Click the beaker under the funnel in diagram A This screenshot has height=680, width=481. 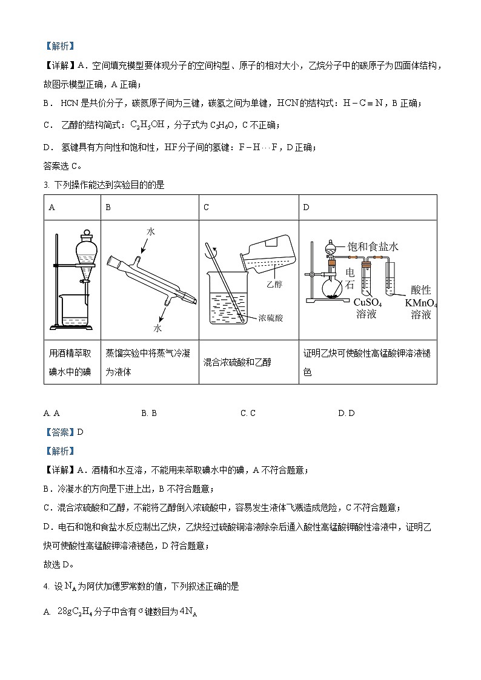74,311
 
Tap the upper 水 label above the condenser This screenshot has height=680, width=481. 151,231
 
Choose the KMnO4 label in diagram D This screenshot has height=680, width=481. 420,302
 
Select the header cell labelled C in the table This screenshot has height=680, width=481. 249,207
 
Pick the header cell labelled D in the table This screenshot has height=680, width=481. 368,207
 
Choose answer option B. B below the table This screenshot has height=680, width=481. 149,413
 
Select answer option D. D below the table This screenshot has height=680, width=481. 347,413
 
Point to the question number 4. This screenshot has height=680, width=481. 46,586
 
